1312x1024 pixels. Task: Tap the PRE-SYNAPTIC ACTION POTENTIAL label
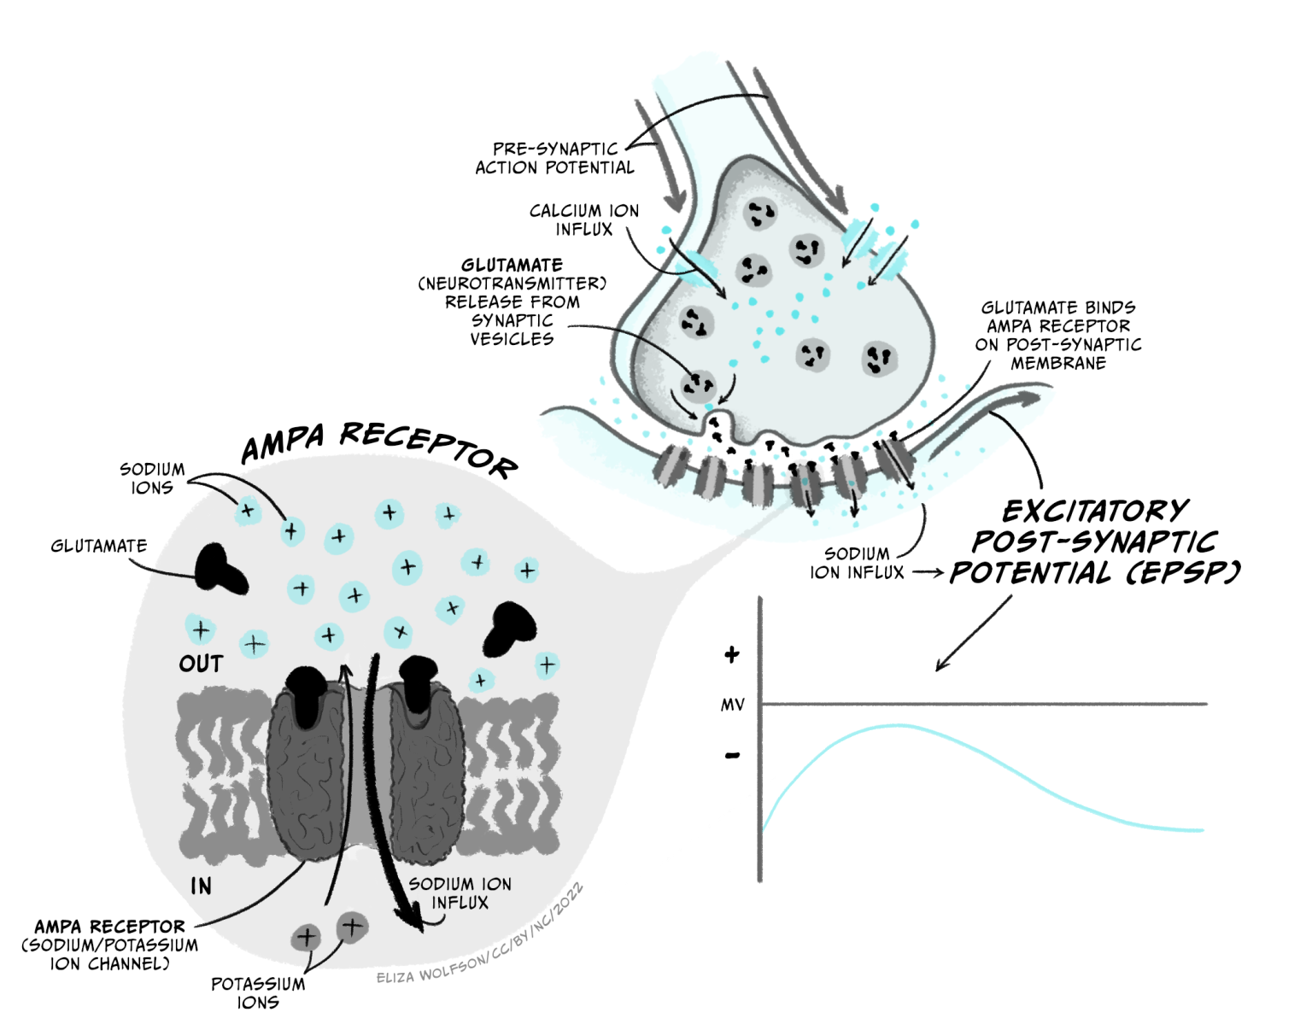[x=554, y=159]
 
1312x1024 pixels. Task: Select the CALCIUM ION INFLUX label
[x=584, y=219]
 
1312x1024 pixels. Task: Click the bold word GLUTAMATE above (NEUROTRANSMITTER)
[x=512, y=266]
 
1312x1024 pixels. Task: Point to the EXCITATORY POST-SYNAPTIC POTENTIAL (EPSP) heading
[x=1095, y=542]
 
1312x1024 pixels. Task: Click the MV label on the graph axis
[x=733, y=705]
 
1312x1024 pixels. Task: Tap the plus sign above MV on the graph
[x=731, y=655]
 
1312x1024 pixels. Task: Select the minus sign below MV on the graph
[x=732, y=756]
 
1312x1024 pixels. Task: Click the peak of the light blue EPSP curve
[x=897, y=726]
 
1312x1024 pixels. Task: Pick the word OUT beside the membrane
[x=201, y=664]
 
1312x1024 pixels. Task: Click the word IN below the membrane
[x=202, y=886]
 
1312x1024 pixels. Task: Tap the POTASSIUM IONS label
[x=258, y=993]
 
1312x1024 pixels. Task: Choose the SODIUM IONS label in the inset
[x=152, y=478]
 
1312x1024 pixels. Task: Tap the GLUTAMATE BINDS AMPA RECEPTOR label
[x=1058, y=336]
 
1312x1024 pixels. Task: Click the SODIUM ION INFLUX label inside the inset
[x=460, y=893]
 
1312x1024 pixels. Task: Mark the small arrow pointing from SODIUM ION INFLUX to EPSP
[x=928, y=573]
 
